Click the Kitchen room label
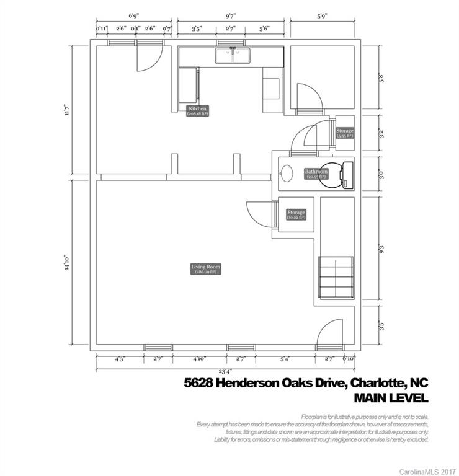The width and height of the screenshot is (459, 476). click(197, 111)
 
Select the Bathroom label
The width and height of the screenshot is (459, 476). click(316, 174)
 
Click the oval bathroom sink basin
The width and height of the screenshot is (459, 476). click(288, 173)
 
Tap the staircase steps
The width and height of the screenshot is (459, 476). click(336, 278)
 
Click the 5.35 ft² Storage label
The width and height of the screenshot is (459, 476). click(345, 133)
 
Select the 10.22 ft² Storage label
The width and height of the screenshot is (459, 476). click(296, 214)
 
